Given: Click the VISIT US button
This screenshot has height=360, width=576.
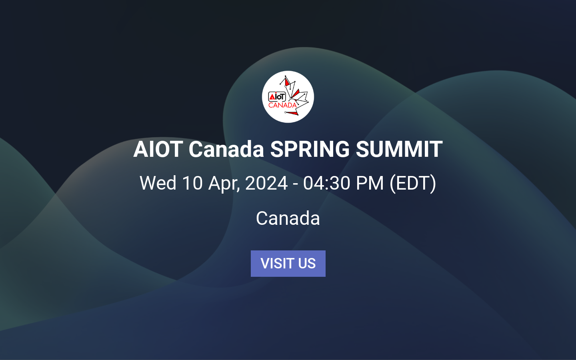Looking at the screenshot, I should (288, 264).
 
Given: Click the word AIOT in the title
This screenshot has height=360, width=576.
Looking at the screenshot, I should (158, 149).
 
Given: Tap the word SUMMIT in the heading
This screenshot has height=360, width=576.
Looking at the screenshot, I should (399, 149).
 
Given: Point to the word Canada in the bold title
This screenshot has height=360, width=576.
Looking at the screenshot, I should (226, 149).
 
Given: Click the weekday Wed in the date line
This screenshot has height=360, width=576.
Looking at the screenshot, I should (158, 183).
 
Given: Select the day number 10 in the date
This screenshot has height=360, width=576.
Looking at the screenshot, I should (192, 183).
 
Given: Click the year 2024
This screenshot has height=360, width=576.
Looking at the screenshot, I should (266, 183).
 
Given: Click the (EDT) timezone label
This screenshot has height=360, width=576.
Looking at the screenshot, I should (413, 183).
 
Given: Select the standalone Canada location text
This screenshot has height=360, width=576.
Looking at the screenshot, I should (288, 218).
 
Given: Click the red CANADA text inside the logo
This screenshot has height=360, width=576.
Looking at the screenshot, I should (282, 105).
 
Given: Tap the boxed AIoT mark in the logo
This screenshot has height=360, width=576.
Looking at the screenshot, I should (277, 96).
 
